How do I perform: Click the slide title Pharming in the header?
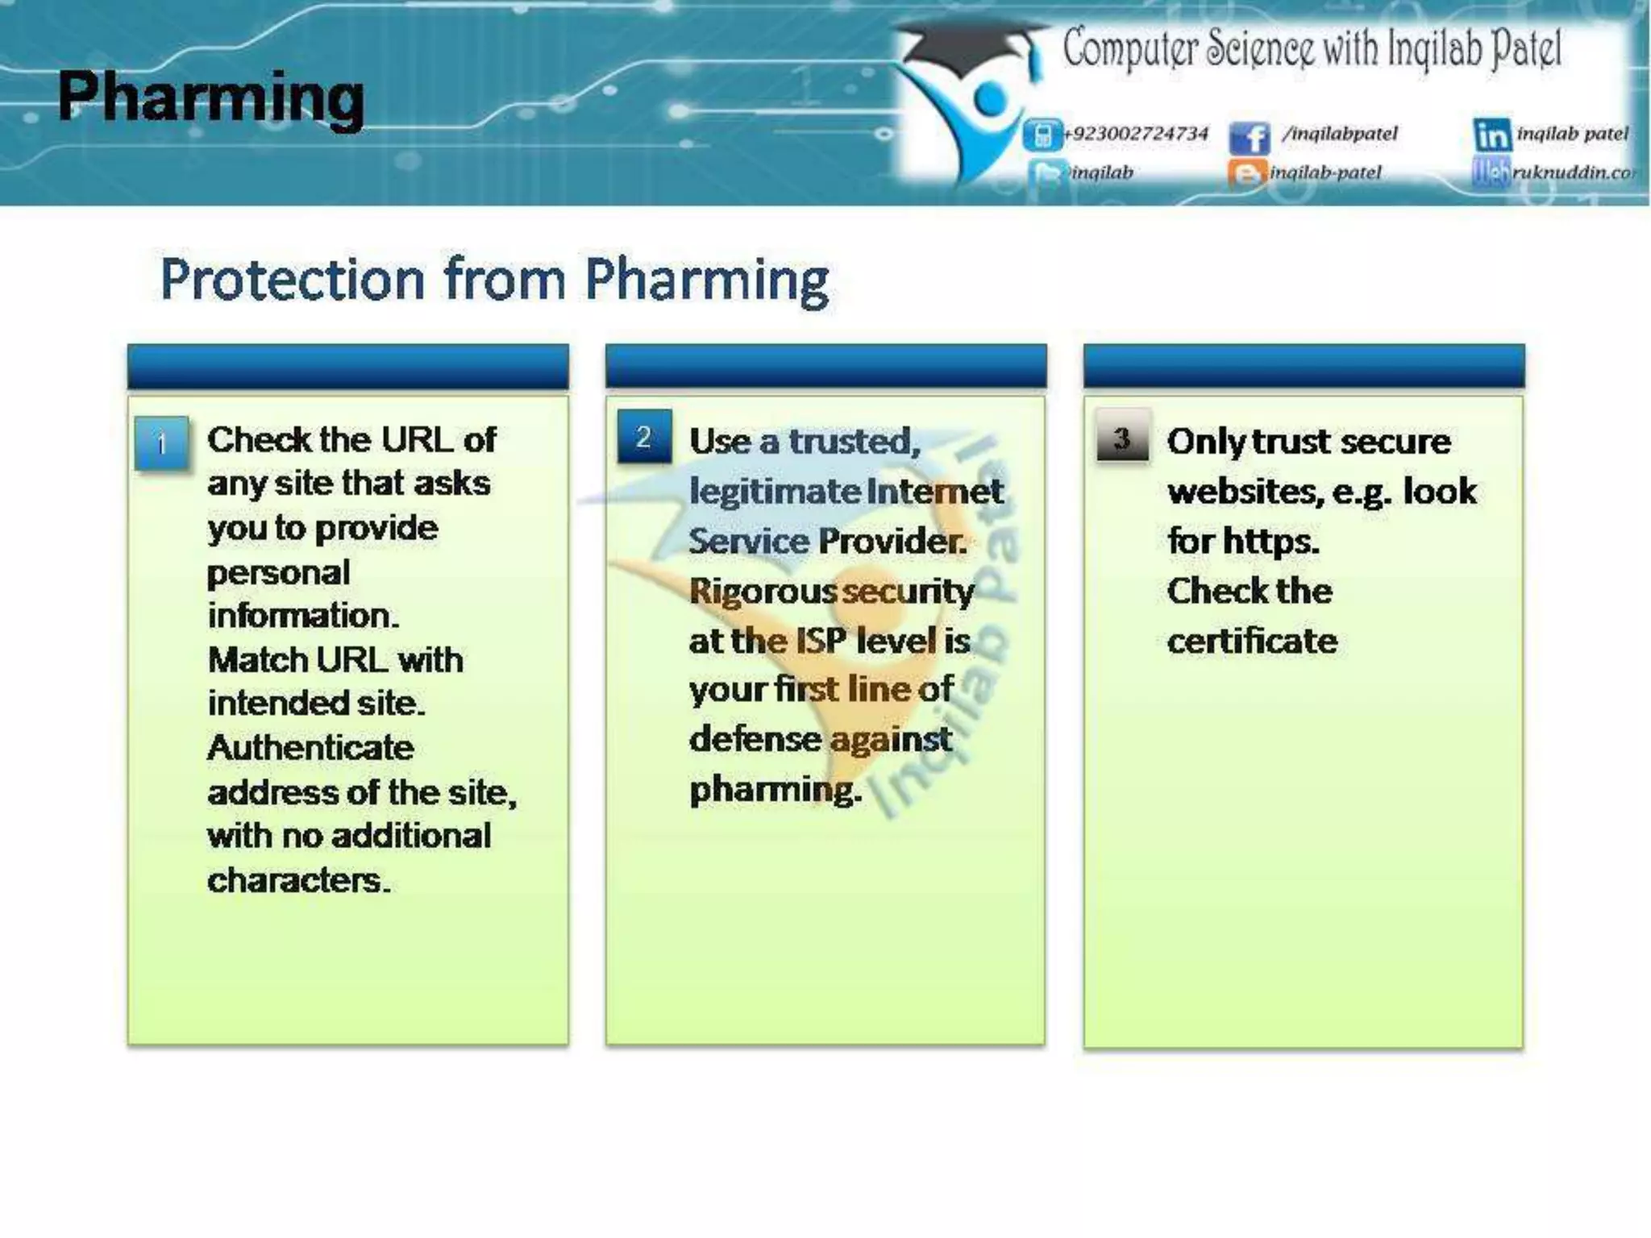point(211,98)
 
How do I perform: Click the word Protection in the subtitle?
point(292,280)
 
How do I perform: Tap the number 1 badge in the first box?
point(161,443)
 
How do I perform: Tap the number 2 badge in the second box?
point(643,437)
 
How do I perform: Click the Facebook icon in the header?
point(1249,138)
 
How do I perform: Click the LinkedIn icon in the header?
point(1492,135)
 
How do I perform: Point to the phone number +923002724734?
point(1136,134)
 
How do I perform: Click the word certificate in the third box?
point(1252,642)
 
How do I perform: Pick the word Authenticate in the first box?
point(310,748)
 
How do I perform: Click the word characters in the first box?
point(298,880)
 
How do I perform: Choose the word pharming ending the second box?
point(775,789)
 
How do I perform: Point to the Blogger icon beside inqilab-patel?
point(1246,173)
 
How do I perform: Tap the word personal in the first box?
point(278,573)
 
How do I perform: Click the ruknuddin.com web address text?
point(1572,172)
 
